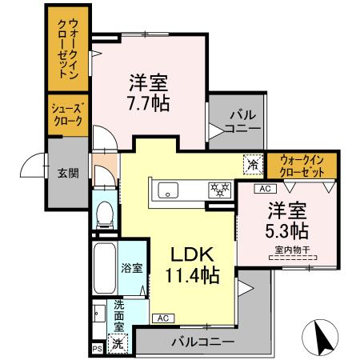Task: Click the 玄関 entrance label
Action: (67, 172)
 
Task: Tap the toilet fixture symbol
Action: (103, 214)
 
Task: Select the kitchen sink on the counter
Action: (169, 189)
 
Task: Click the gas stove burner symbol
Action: (218, 190)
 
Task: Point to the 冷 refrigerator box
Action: (252, 165)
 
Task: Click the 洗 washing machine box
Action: (117, 343)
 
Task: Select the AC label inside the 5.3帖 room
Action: (263, 189)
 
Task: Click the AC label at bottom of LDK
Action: (162, 318)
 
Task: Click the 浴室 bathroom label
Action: (132, 268)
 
